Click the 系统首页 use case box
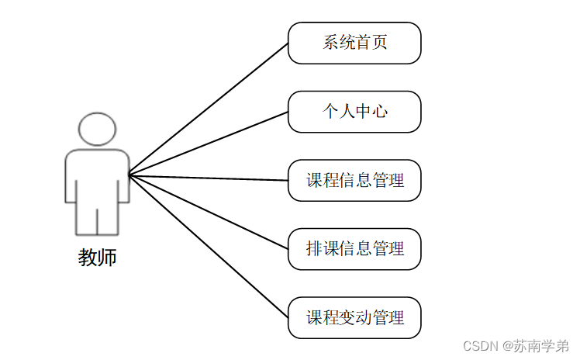click(354, 43)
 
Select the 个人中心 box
click(354, 112)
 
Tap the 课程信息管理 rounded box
click(354, 181)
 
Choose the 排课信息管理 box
click(354, 249)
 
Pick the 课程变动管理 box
click(354, 317)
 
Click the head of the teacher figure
click(97, 129)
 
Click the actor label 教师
click(98, 258)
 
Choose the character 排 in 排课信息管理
click(314, 249)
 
